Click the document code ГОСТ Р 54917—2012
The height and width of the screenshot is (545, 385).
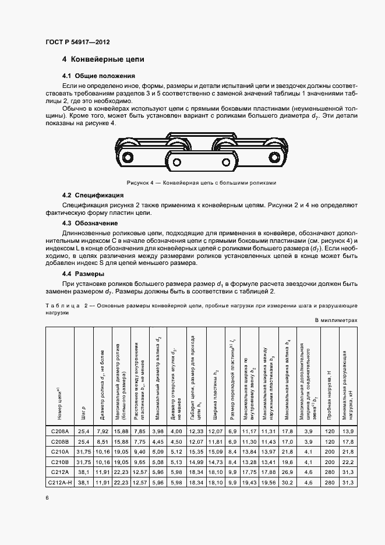77,42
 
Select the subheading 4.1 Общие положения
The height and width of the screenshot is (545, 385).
98,76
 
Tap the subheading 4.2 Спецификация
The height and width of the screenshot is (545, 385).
93,195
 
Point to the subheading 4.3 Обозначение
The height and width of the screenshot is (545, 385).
90,223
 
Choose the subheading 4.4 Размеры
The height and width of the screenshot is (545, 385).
83,274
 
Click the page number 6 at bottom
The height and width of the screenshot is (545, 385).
47,497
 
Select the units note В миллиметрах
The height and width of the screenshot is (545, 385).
336,320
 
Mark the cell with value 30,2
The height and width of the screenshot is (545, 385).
287,483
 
